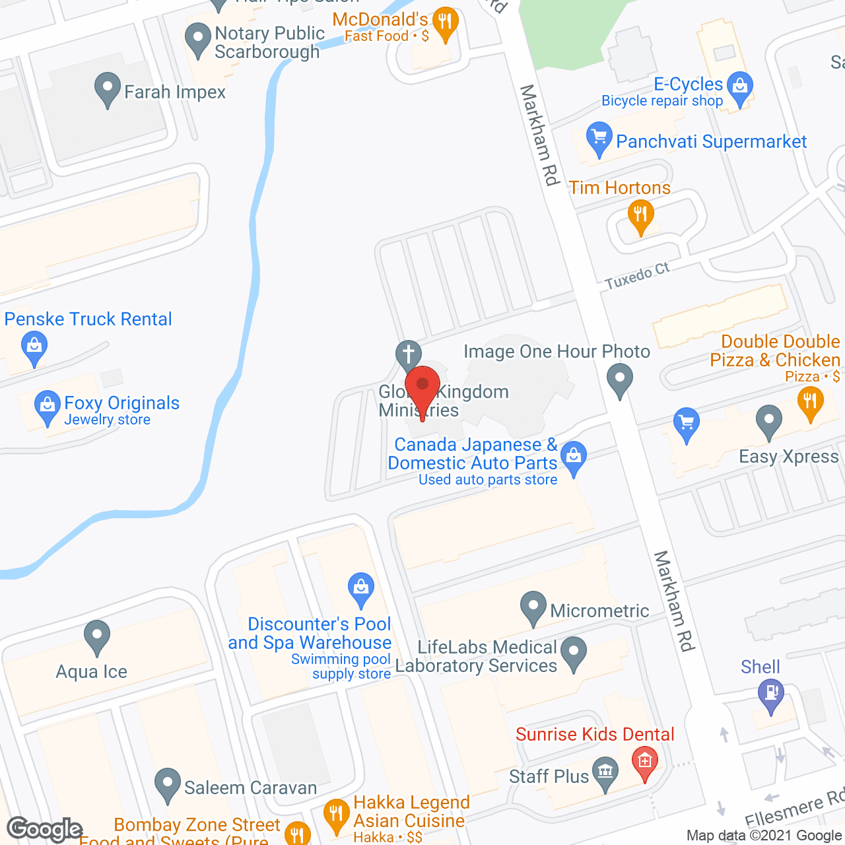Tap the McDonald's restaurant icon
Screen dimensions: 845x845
point(446,24)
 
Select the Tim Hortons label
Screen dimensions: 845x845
point(619,188)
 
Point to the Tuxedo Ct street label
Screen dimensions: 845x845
point(637,276)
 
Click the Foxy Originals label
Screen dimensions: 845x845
point(121,403)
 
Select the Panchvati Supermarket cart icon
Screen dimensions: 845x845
point(599,138)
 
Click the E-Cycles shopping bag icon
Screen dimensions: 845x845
point(739,87)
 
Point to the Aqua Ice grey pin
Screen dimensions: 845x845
point(97,636)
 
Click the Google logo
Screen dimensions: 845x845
point(45,829)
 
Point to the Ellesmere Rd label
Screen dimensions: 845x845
point(795,809)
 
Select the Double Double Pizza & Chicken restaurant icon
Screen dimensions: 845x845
point(810,402)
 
